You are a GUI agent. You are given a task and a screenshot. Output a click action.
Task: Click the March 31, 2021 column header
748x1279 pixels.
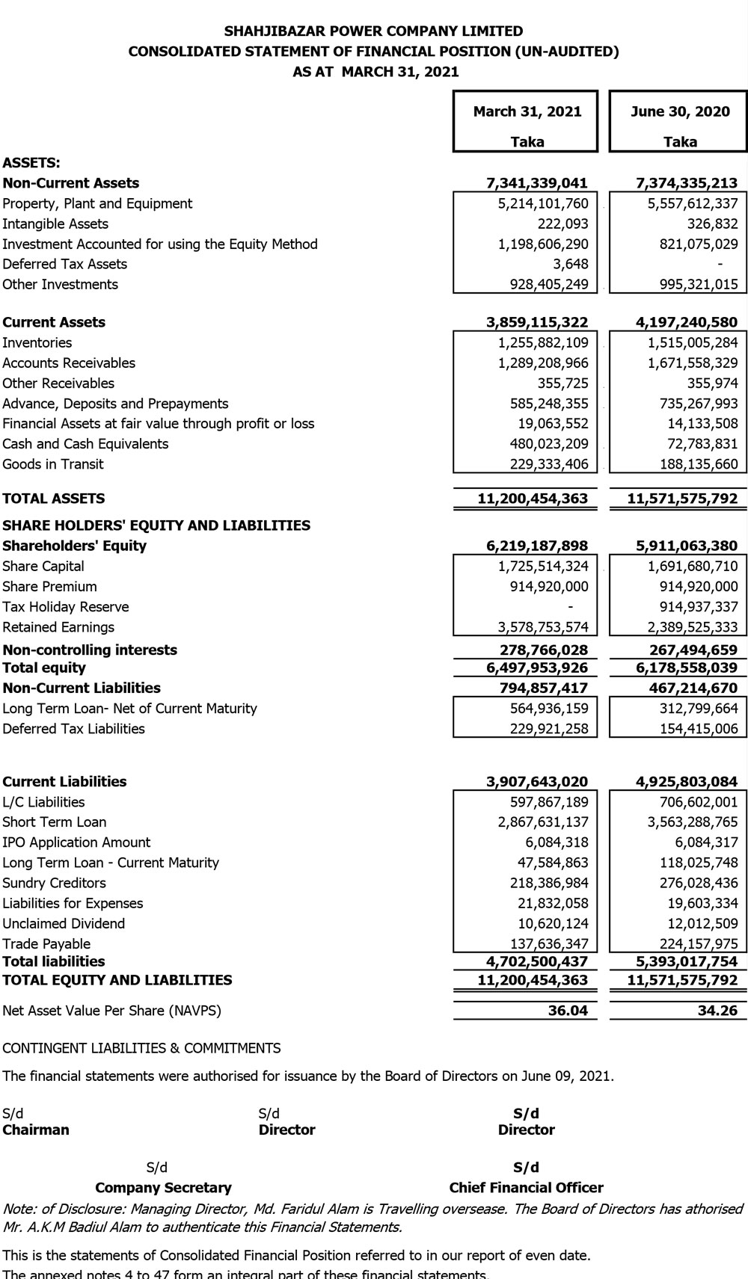(527, 111)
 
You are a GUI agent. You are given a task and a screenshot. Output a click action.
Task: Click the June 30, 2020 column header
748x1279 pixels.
(680, 111)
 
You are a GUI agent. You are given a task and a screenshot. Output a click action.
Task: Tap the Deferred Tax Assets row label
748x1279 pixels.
(64, 264)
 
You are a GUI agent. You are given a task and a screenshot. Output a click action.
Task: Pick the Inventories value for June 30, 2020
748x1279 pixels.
(692, 342)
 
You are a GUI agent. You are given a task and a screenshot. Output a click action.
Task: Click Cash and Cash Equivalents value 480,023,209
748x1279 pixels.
(548, 443)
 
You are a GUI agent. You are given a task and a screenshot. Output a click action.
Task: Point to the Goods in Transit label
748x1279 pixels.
(53, 463)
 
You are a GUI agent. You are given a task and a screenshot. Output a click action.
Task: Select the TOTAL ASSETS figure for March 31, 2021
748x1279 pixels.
(533, 499)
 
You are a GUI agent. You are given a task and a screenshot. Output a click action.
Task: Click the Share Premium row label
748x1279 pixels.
(49, 586)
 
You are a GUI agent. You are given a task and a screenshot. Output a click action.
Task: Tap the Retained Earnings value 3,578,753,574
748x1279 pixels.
(543, 627)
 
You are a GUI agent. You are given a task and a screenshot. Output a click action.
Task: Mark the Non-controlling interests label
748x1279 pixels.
(90, 650)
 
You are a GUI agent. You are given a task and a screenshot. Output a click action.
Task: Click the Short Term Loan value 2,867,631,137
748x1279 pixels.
(543, 822)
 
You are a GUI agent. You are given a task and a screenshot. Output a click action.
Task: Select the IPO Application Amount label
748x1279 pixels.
(76, 842)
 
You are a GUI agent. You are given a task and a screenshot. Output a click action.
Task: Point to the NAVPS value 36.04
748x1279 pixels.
(568, 1011)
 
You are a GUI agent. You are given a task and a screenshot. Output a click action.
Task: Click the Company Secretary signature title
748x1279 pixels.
(163, 1188)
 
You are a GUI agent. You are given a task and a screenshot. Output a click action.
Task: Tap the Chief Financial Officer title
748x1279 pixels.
(526, 1188)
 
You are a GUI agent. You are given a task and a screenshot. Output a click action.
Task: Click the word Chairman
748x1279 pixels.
(36, 1129)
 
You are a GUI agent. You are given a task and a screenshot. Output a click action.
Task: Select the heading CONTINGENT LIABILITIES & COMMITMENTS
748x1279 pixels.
(141, 1048)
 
